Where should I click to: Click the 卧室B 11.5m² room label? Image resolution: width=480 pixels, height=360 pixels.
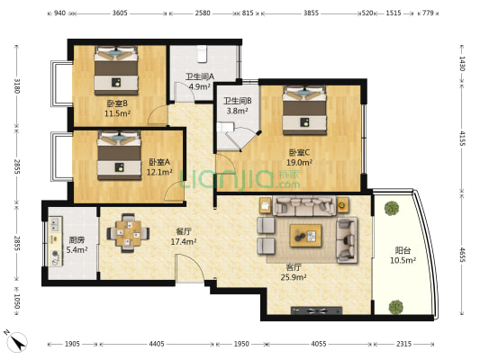117,108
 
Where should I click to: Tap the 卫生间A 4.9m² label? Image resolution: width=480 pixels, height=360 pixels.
200,81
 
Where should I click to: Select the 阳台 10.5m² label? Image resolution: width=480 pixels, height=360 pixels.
403,256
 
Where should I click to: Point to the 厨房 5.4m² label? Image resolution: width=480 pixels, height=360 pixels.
77,245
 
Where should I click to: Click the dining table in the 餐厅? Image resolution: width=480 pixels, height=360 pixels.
128,233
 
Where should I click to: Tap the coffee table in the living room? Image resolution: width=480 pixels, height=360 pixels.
305,236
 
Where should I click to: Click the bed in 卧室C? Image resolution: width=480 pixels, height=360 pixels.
304,110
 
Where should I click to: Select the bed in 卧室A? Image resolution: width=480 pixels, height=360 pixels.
119,156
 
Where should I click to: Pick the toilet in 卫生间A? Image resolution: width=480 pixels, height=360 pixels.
202,54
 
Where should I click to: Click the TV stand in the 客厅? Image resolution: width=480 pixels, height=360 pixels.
316,310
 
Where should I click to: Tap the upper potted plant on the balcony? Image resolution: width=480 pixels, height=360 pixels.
392,208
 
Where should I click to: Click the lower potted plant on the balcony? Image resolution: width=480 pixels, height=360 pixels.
396,307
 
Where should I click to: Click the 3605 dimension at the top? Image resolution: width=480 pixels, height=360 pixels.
120,13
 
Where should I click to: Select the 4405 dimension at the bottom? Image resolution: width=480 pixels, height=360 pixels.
157,344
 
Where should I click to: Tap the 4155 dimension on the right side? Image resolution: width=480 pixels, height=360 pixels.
462,139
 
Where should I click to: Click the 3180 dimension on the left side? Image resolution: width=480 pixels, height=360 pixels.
17,86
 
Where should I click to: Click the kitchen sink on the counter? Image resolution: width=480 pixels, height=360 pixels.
56,224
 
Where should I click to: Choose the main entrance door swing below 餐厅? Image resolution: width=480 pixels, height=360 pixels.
189,268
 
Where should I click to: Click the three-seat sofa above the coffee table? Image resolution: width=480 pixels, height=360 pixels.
304,206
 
